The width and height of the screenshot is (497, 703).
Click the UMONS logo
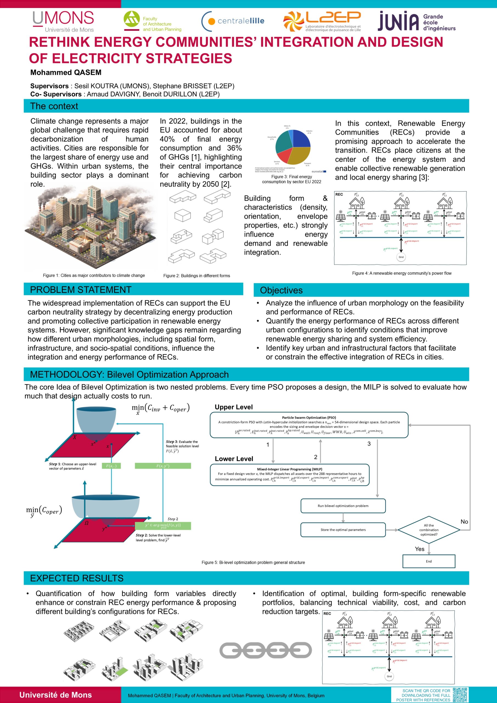click(63, 21)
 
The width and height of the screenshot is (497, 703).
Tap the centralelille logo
click(233, 21)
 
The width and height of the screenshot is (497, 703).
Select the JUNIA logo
click(417, 21)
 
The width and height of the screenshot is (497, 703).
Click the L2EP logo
click(322, 21)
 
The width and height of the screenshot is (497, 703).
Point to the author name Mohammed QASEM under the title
click(66, 72)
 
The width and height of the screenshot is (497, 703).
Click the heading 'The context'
click(54, 106)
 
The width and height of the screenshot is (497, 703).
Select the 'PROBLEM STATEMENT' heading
click(80, 290)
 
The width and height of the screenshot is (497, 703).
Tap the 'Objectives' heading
click(281, 290)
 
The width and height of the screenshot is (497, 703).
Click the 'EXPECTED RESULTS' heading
click(77, 578)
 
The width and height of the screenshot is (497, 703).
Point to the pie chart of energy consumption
click(293, 147)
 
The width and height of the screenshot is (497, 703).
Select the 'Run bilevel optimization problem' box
click(343, 506)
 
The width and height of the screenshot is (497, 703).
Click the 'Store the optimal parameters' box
click(343, 530)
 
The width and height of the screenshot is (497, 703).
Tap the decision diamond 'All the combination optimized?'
click(429, 530)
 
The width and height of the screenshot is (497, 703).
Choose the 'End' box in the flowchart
click(429, 561)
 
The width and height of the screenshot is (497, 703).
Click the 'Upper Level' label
click(234, 407)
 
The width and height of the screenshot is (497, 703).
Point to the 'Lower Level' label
click(234, 459)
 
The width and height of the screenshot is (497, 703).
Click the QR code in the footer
click(460, 695)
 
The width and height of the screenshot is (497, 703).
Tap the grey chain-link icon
click(266, 651)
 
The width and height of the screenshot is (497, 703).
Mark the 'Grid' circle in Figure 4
click(401, 257)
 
